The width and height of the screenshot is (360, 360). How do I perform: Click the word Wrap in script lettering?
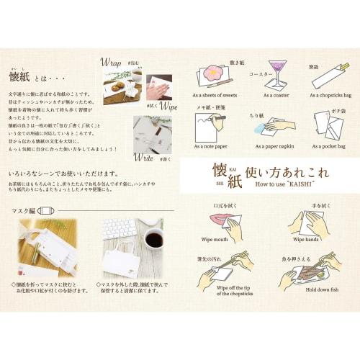click(x=112, y=61)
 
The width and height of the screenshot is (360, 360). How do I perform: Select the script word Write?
click(x=144, y=156)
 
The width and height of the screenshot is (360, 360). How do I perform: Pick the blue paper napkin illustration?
click(x=264, y=128)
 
